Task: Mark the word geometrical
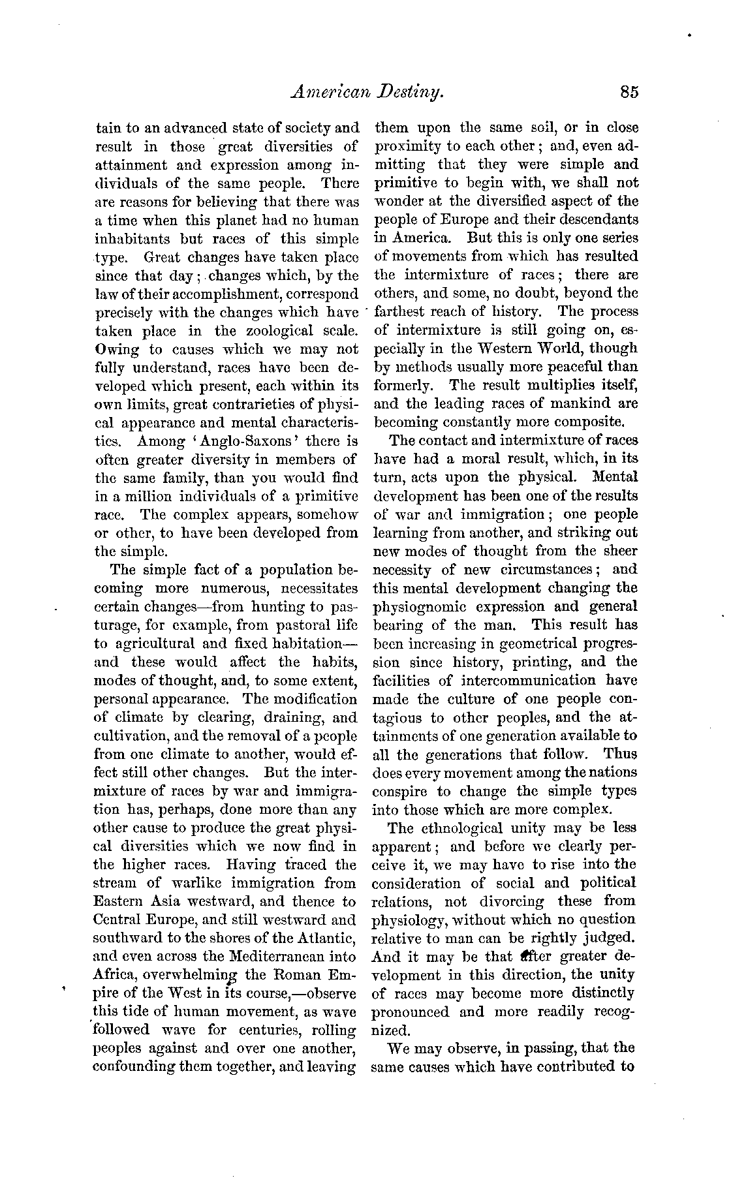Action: (x=537, y=643)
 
